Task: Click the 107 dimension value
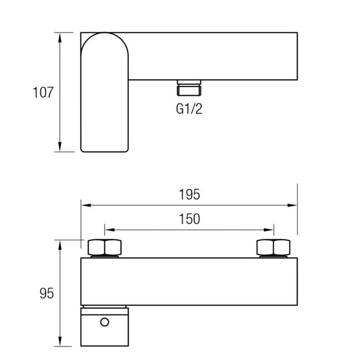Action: (x=43, y=92)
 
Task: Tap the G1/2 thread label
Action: (x=189, y=109)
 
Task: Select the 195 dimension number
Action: (x=189, y=194)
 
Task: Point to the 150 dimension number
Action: (x=189, y=219)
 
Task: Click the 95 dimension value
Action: (x=47, y=293)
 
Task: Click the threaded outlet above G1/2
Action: (x=189, y=88)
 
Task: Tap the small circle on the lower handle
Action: (x=104, y=322)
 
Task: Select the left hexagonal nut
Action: (x=104, y=247)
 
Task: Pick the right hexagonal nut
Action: (x=273, y=247)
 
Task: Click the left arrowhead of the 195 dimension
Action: (x=86, y=205)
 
